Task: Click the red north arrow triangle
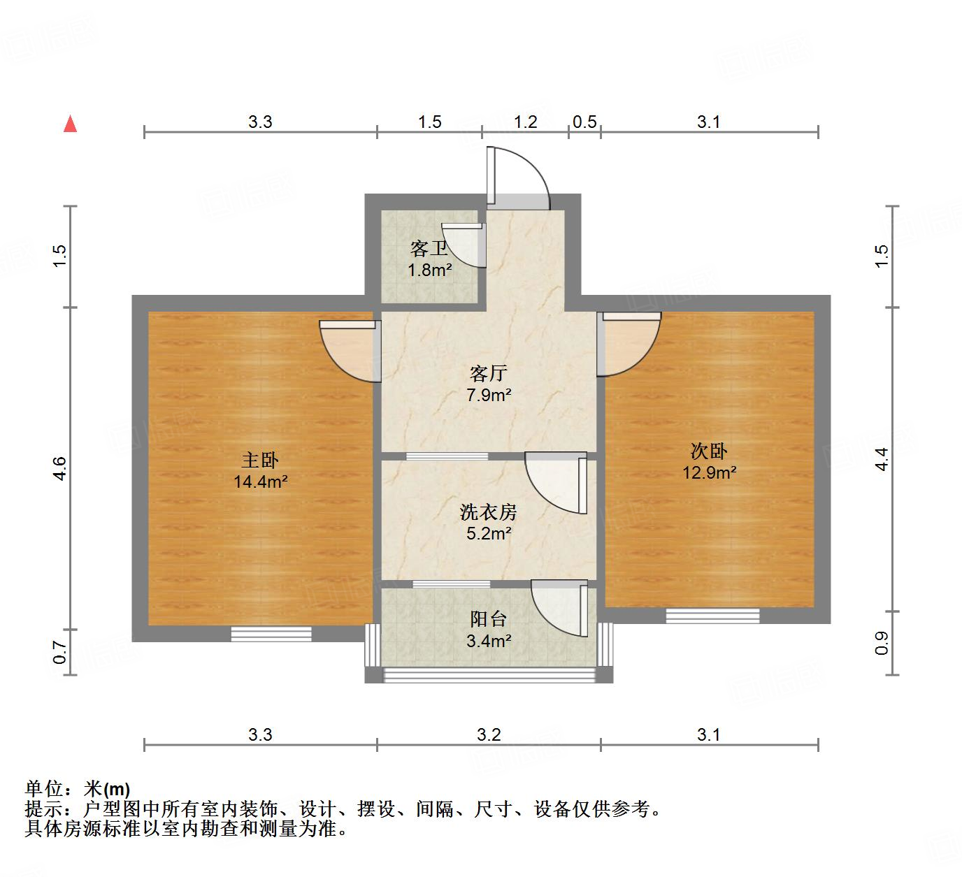click(x=70, y=124)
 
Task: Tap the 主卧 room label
click(x=260, y=460)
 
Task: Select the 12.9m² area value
click(x=709, y=472)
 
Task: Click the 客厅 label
click(x=488, y=373)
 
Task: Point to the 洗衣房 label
click(x=488, y=512)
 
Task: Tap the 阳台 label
click(x=488, y=619)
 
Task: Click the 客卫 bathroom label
click(x=429, y=249)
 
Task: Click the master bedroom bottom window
click(x=271, y=634)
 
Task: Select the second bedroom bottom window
click(x=712, y=616)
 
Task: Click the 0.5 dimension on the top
click(x=584, y=122)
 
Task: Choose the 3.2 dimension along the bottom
click(x=489, y=734)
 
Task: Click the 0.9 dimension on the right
click(x=882, y=642)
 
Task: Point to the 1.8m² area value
click(x=429, y=270)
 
